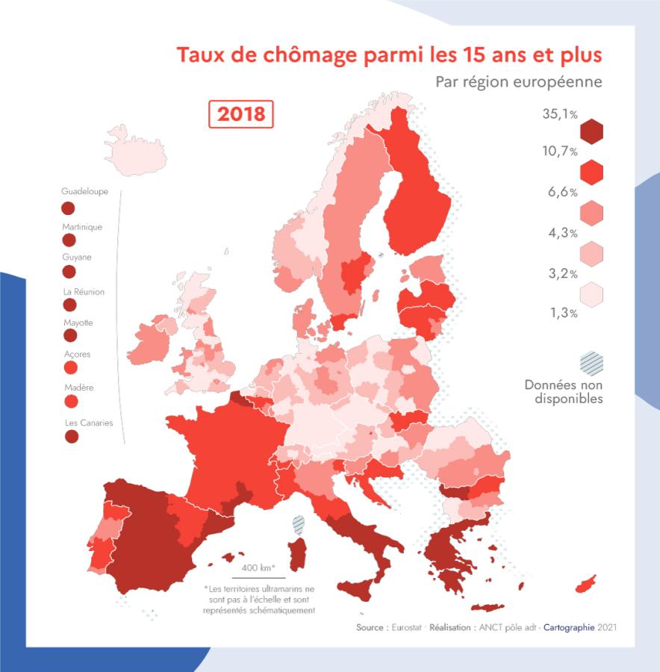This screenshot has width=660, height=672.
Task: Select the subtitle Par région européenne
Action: (518, 81)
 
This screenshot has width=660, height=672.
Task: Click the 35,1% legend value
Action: (560, 114)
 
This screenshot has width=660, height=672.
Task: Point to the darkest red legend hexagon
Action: (591, 132)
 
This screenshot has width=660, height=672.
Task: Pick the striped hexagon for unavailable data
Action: (591, 364)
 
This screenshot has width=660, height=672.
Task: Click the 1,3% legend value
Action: (563, 313)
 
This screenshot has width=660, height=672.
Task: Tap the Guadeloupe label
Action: (84, 191)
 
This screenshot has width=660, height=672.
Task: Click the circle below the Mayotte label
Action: (69, 336)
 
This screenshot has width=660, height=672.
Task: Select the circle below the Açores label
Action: (69, 368)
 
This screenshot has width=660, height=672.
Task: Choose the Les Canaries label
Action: (87, 423)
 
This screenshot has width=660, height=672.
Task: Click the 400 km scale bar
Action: (258, 576)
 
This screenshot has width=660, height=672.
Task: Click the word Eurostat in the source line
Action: (409, 628)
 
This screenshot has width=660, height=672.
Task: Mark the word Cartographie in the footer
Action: (568, 628)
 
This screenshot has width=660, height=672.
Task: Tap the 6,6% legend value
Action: (563, 192)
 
